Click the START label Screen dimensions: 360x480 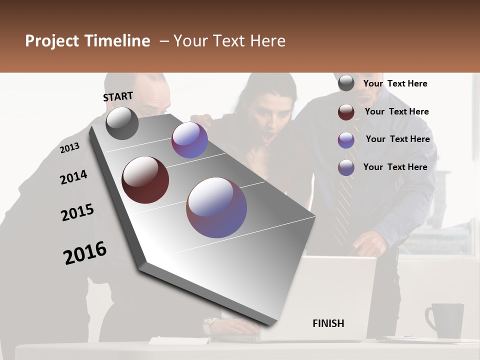point(118,96)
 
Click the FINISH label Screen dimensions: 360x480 point(328,323)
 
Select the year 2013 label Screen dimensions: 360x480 point(69,148)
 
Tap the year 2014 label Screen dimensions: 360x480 point(73,177)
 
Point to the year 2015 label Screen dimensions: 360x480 point(77,212)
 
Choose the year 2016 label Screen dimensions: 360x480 point(85,253)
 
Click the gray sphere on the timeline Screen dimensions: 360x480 point(122,123)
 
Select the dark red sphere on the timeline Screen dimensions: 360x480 point(145,180)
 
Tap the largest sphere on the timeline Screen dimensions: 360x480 point(216,207)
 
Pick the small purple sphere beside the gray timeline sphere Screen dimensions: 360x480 point(189,140)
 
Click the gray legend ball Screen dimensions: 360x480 point(346,83)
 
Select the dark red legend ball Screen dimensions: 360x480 point(346,112)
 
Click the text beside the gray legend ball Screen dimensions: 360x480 point(395,83)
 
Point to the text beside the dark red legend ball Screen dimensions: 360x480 point(396,111)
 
